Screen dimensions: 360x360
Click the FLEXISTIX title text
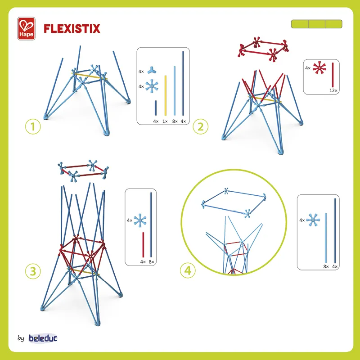[72, 29]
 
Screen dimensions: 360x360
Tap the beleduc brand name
[43, 338]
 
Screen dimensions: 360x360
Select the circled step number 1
[32, 127]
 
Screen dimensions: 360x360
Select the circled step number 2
[201, 127]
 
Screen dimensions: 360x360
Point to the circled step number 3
[33, 271]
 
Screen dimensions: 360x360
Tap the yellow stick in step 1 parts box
[165, 94]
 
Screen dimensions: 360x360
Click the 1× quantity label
[165, 121]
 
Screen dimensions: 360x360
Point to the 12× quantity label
[333, 90]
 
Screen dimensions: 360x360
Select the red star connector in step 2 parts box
[319, 68]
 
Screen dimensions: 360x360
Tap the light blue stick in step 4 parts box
[325, 237]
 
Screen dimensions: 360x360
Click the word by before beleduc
[21, 338]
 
